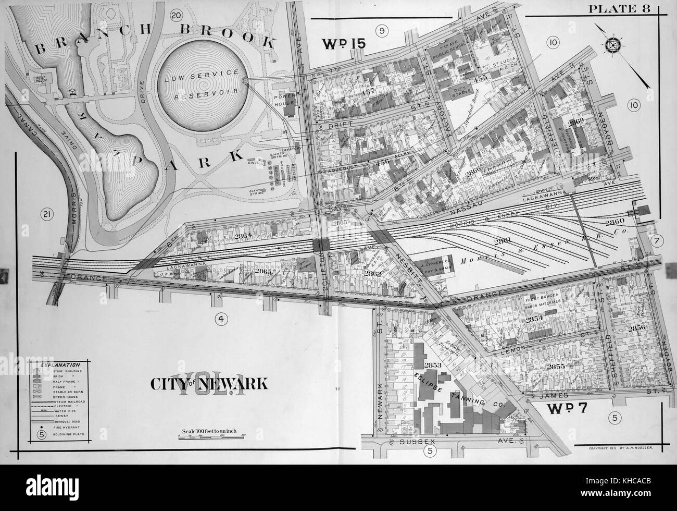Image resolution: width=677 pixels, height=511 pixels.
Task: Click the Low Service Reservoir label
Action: [x=202, y=83]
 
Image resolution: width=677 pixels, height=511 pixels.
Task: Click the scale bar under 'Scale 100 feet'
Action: [x=205, y=439]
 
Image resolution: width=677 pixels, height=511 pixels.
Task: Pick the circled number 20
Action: [x=176, y=15]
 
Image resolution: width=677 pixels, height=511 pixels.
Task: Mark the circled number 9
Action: [x=382, y=31]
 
